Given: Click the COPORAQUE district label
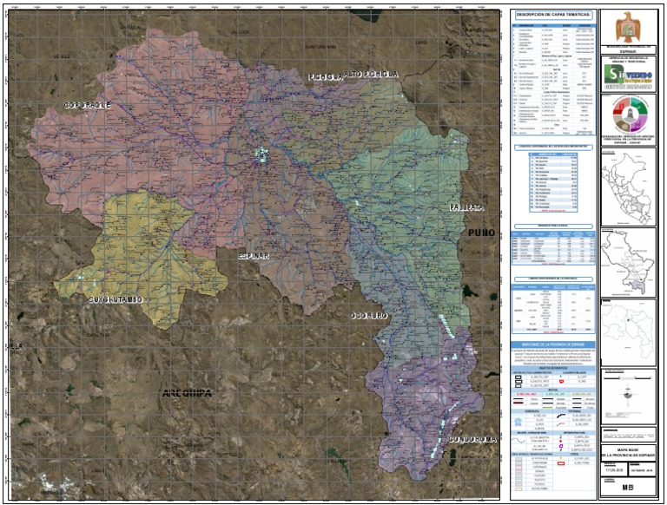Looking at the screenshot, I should coord(88,105).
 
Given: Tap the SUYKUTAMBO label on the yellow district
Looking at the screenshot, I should coord(116,300).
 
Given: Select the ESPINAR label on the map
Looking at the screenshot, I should coord(254,257).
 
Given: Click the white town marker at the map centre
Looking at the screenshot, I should coord(260,154).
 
